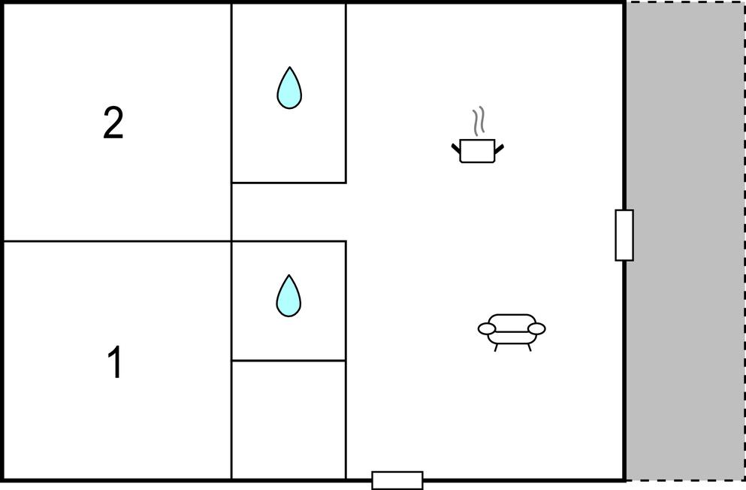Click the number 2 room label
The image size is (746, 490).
click(113, 123)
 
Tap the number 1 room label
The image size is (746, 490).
click(115, 362)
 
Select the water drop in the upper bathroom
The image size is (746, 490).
click(289, 88)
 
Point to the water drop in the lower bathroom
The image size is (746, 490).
click(288, 295)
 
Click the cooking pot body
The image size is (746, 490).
click(477, 151)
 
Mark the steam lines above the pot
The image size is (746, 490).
click(479, 120)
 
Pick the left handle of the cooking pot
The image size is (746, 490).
click(456, 149)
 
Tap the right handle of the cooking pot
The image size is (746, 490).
click(499, 149)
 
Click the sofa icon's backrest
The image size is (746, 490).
click(512, 319)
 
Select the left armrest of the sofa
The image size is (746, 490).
click(487, 328)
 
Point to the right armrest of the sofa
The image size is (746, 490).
click(536, 328)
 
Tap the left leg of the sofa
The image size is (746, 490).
click(497, 347)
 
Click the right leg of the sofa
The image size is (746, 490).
click(529, 347)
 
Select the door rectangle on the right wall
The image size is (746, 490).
click(624, 235)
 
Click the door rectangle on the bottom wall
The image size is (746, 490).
click(397, 480)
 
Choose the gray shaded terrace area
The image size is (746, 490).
click(685, 240)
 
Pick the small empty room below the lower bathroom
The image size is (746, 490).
click(288, 419)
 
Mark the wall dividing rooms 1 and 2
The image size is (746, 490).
click(117, 241)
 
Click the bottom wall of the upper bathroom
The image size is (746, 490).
click(288, 183)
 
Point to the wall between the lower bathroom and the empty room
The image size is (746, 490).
click(288, 361)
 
